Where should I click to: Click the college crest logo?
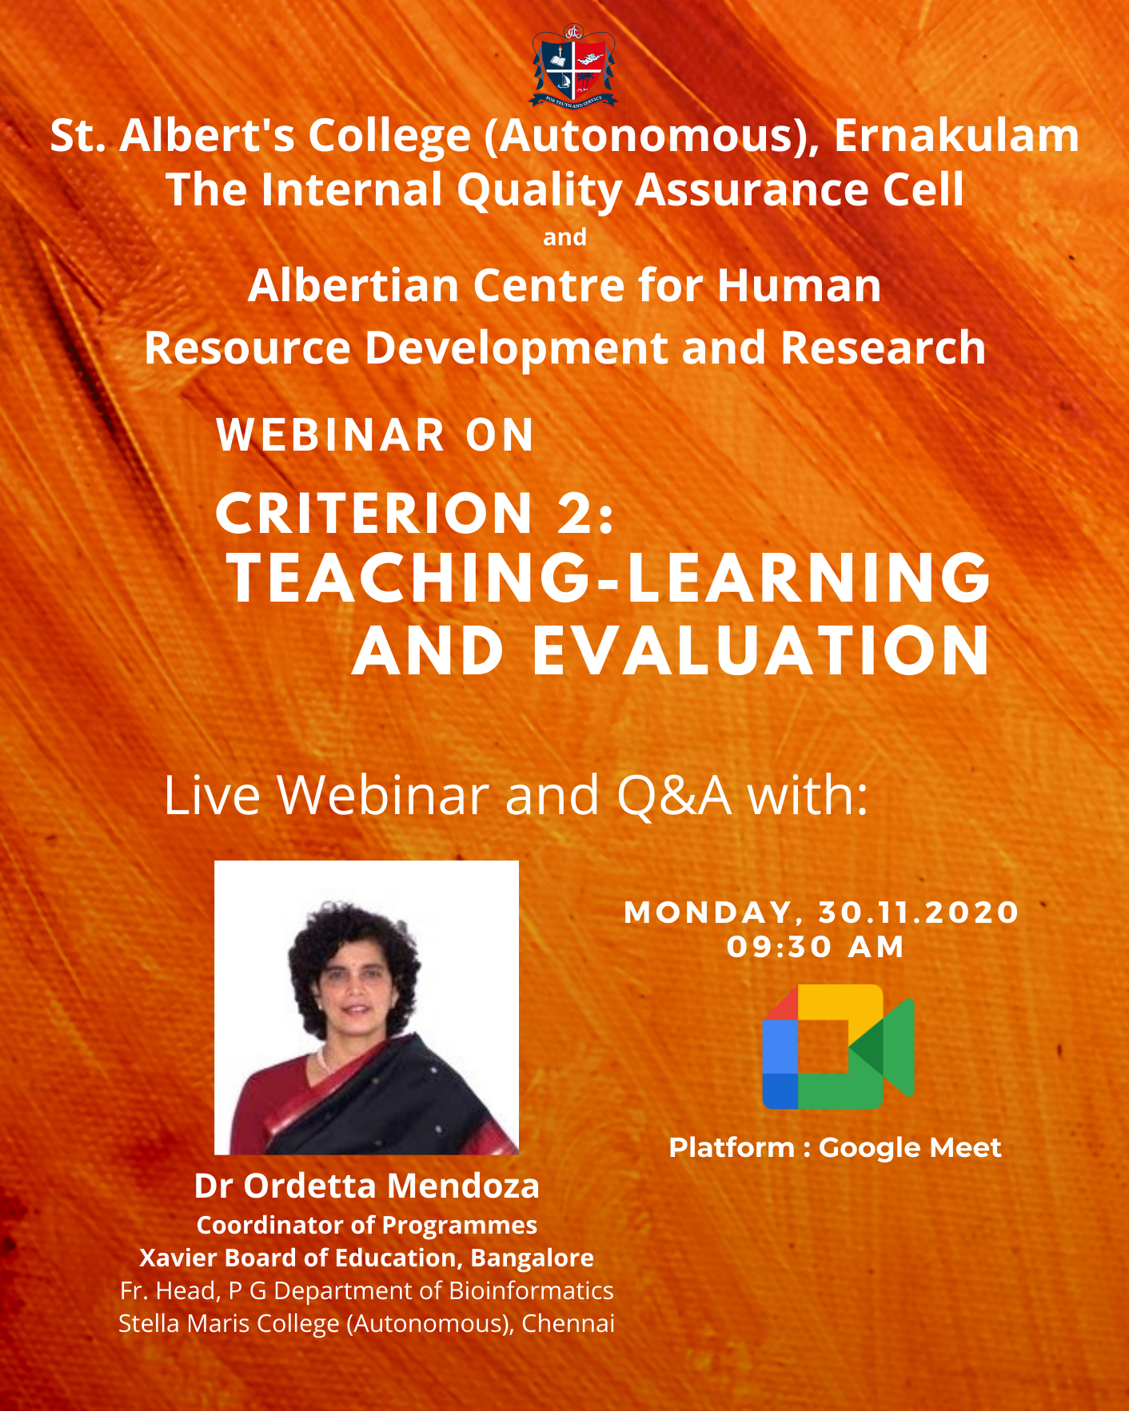pos(572,66)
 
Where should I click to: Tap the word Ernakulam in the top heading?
pos(956,135)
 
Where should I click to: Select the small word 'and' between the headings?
pos(564,237)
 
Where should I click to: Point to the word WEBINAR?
pos(330,435)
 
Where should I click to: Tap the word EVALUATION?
pos(761,650)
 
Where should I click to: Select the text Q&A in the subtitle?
pos(674,796)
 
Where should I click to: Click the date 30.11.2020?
pos(919,912)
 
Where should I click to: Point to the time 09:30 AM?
pos(816,947)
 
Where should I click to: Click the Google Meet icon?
pos(838,1047)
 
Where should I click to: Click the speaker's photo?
pos(366,1008)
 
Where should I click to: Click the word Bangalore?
pos(532,1258)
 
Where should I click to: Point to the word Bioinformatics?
pos(531,1290)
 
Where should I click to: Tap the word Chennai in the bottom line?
pos(568,1323)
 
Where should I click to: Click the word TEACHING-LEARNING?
pos(609,577)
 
